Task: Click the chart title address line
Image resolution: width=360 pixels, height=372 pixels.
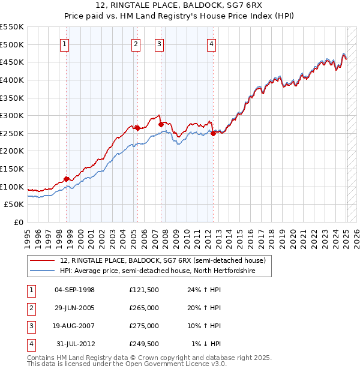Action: coord(179,7)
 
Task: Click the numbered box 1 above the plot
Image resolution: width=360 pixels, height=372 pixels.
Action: coord(64,43)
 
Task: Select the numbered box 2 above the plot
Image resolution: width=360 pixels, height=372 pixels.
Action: coord(136,43)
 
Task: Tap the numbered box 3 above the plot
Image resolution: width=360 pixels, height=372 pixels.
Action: coord(159,43)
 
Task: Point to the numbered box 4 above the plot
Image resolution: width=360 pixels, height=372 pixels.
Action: coord(212,43)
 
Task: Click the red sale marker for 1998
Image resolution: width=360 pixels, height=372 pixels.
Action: coord(66,178)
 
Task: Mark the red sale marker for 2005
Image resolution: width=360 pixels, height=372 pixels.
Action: coord(137,127)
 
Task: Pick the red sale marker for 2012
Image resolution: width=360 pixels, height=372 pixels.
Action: coord(214,133)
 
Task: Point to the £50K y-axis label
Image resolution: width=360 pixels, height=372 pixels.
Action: coord(14,204)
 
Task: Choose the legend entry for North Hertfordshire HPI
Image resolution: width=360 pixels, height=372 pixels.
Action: coord(157,271)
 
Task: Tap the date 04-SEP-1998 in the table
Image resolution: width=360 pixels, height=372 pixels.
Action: coord(74,290)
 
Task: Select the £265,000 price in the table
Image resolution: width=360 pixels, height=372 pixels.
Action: coord(144,308)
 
